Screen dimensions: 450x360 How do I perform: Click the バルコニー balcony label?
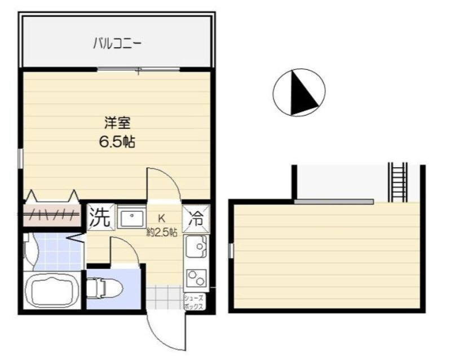pos(117,44)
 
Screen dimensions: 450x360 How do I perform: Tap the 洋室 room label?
pos(117,123)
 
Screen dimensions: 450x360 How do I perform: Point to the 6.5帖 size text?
pos(117,142)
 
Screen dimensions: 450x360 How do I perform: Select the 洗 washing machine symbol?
pos(100,216)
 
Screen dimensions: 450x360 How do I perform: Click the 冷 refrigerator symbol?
pos(197,219)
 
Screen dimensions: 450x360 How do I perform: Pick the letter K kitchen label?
pos(162,219)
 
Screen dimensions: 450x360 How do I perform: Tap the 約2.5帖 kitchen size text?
pos(162,232)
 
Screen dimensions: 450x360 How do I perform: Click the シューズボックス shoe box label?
pos(194,302)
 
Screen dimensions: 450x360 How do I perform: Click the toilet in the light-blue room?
pos(104,288)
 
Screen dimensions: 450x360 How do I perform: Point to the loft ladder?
pos(398,183)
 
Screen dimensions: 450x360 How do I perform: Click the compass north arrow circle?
pos(299,92)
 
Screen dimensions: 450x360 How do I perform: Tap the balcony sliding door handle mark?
pos(139,70)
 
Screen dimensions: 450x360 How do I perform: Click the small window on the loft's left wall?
pos(231,250)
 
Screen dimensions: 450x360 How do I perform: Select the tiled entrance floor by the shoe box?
pos(164,297)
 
